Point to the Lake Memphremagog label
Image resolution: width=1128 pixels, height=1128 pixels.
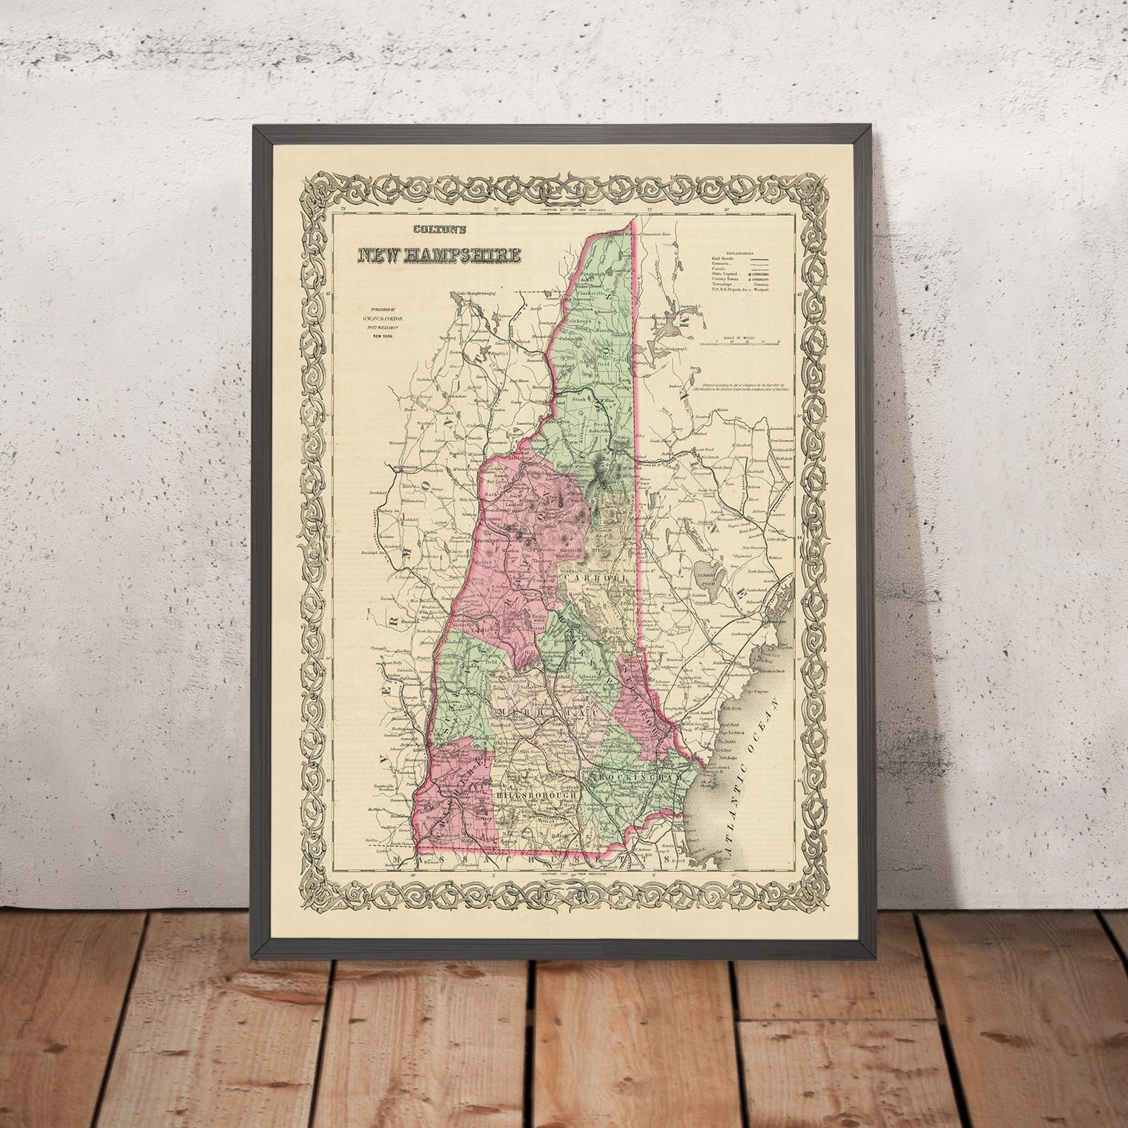pyautogui.click(x=483, y=292)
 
